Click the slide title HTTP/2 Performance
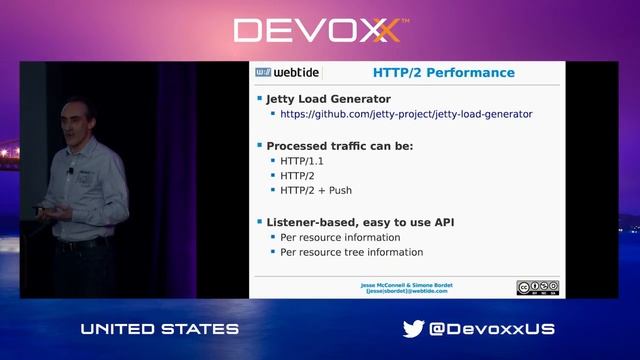[x=443, y=73]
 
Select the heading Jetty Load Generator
[x=328, y=99]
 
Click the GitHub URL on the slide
[x=406, y=114]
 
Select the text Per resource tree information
[x=351, y=252]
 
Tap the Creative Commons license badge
[x=537, y=288]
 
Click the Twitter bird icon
[x=413, y=329]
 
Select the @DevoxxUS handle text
[x=492, y=329]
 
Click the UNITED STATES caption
[x=160, y=329]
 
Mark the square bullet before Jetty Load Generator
[x=259, y=99]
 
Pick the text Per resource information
[x=340, y=237]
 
